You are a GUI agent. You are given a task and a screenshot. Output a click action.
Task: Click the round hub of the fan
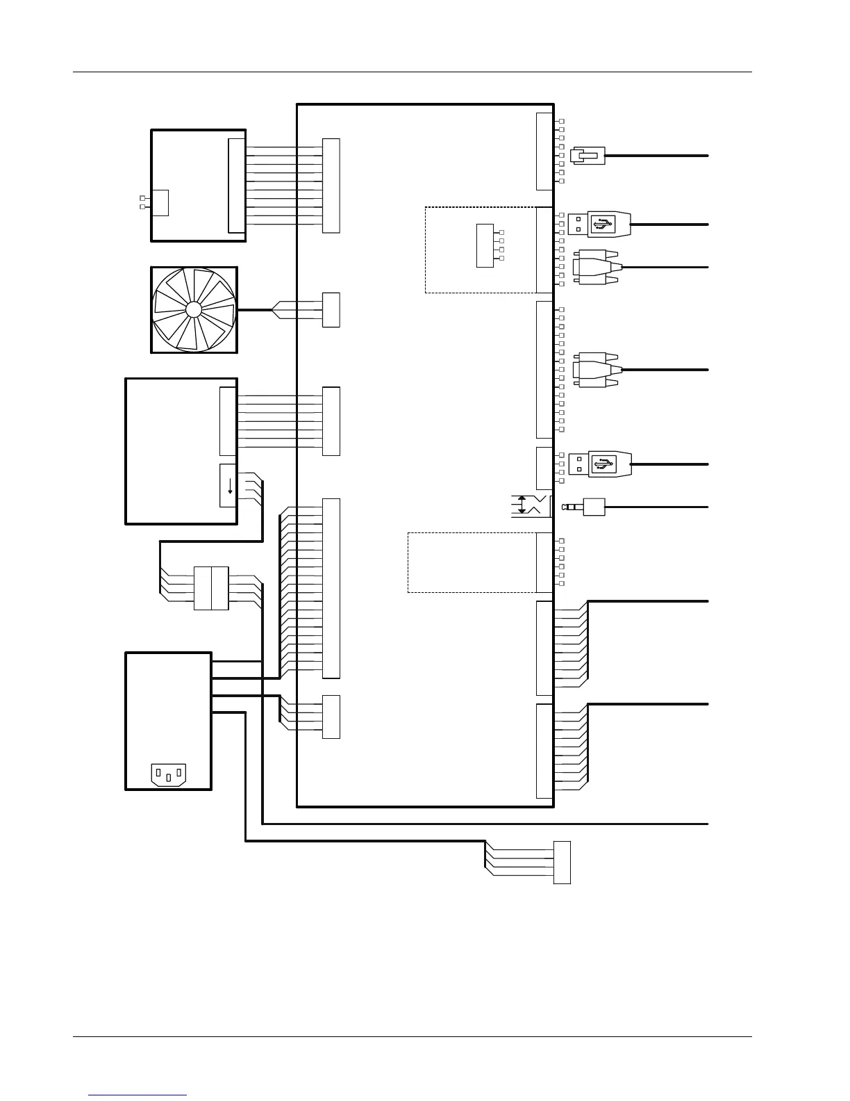click(x=194, y=309)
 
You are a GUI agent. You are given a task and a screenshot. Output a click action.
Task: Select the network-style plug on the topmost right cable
click(x=587, y=156)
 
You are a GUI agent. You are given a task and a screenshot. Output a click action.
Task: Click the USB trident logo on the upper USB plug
click(x=603, y=225)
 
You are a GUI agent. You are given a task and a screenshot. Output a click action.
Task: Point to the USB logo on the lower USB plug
click(x=603, y=464)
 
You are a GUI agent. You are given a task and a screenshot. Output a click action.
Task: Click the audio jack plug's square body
click(x=594, y=507)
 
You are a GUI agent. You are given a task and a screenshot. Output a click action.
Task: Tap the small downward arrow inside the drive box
click(x=228, y=485)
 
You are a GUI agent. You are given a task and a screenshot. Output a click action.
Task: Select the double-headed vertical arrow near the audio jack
click(x=522, y=506)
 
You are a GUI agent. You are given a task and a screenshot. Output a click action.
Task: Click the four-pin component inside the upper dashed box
click(x=485, y=245)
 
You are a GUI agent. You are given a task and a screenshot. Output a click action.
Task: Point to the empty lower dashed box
click(x=472, y=562)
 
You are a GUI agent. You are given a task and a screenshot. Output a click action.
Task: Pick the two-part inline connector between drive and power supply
click(x=211, y=588)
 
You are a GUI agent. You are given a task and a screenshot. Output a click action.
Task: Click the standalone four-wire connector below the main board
click(x=562, y=862)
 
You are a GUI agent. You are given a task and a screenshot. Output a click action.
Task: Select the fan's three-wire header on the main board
click(x=331, y=310)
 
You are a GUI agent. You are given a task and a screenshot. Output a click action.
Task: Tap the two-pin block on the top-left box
click(x=160, y=202)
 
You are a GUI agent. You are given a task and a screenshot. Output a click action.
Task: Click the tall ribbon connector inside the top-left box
click(x=237, y=185)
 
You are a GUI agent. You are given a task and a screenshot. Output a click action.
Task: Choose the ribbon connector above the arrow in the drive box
click(x=228, y=421)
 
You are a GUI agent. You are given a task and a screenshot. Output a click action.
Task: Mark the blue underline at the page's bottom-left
click(x=137, y=1095)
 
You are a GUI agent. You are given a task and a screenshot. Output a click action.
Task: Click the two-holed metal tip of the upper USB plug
click(x=578, y=225)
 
